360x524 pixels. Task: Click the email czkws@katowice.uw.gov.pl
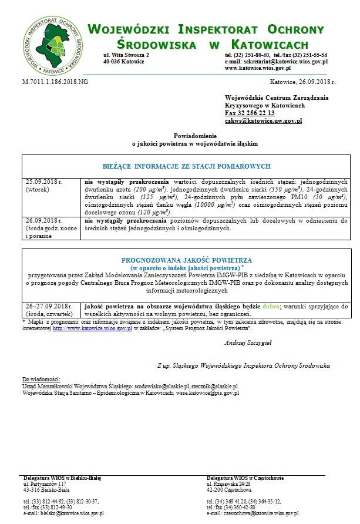(263, 120)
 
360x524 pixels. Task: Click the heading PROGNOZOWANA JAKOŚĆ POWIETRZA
(186, 259)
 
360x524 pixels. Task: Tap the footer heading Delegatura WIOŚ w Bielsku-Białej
(54, 478)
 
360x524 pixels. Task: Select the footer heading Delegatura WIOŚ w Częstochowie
(245, 478)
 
